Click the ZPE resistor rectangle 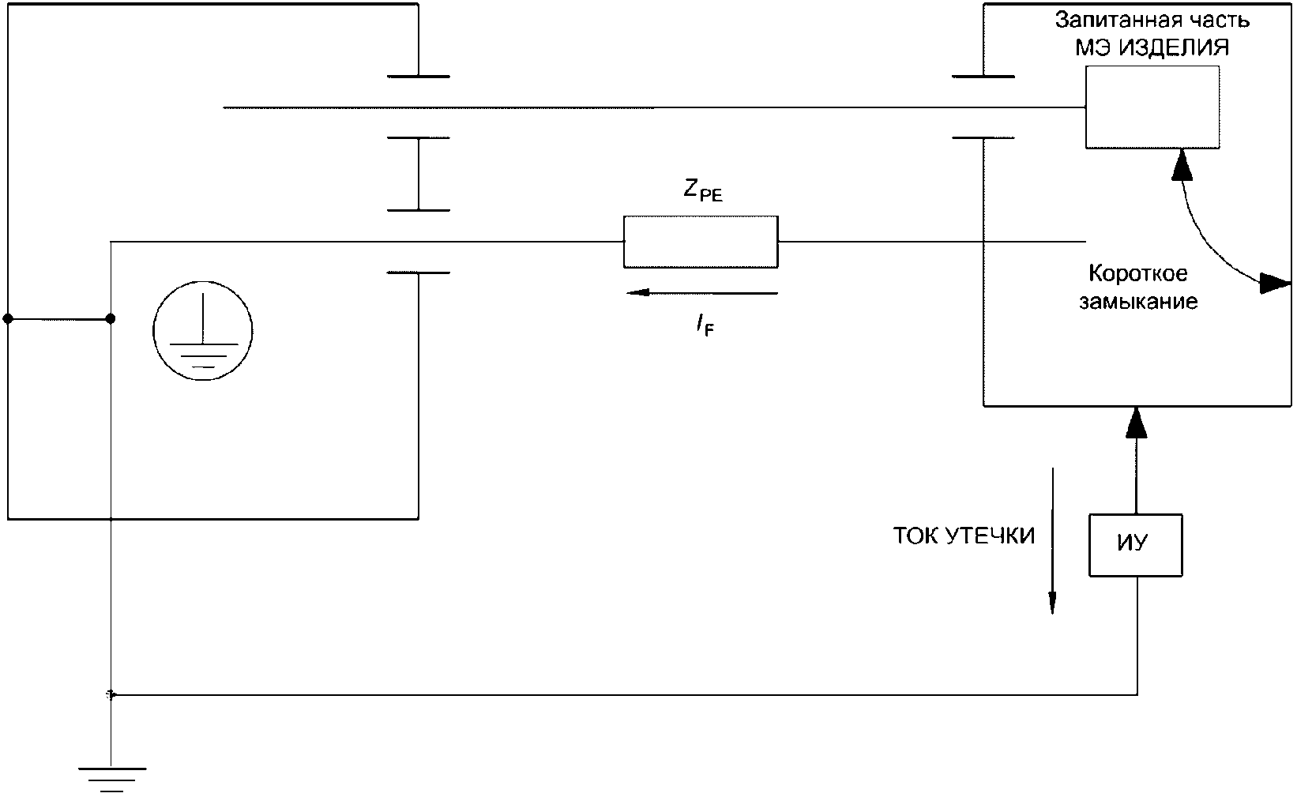700,241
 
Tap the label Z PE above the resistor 702,190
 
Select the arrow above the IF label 701,293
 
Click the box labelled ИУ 1135,544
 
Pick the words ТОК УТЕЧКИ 964,536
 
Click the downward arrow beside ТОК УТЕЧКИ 1052,540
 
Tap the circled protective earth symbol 203,333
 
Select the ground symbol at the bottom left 111,778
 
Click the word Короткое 1138,273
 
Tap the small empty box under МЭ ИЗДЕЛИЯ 1151,107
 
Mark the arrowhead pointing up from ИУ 1135,422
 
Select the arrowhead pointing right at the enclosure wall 1274,283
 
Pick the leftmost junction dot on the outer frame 8,319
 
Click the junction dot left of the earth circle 111,319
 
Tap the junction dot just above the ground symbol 111,695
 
